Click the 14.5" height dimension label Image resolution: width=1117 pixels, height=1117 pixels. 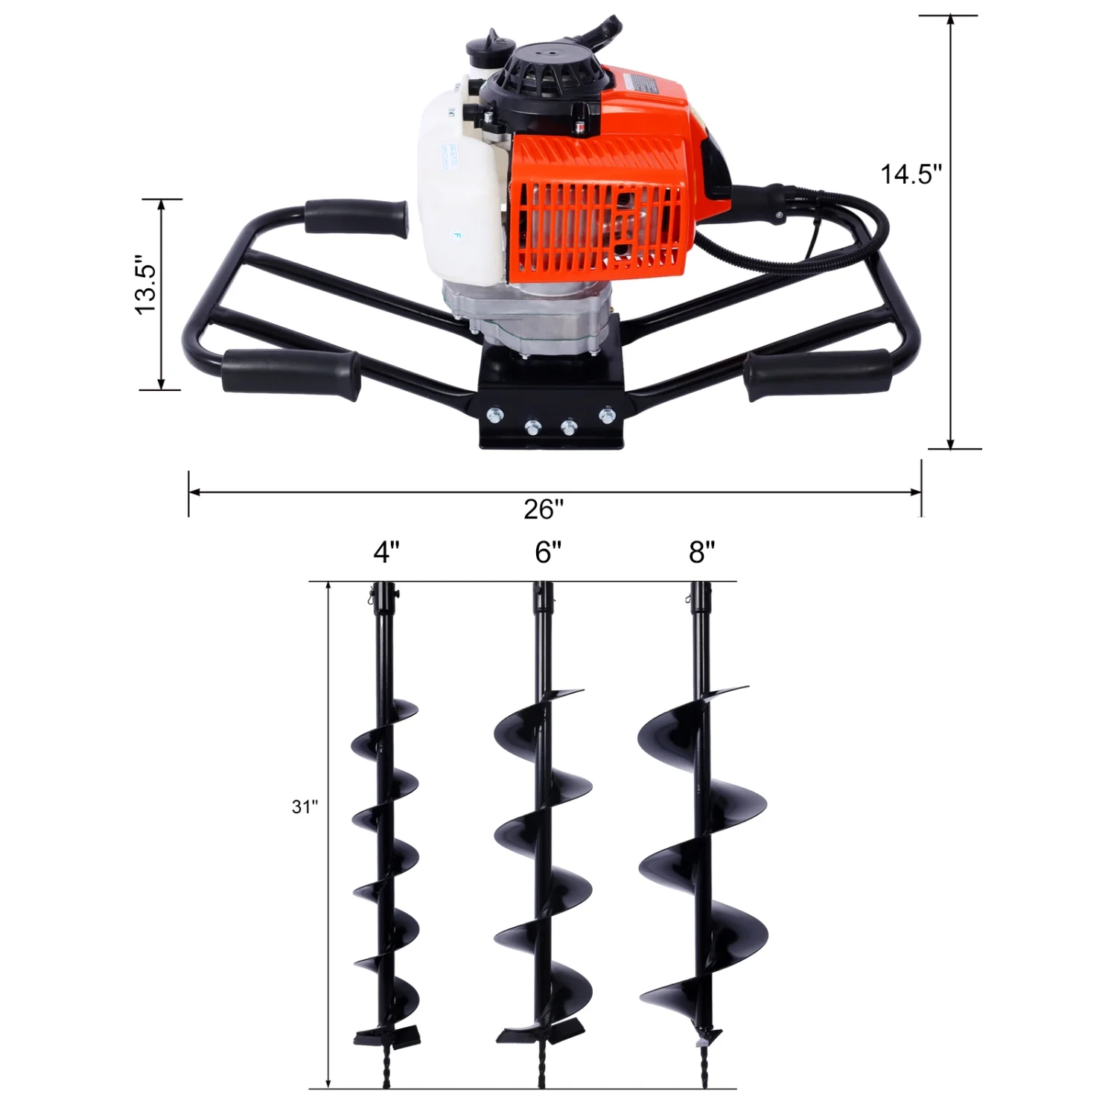click(x=911, y=175)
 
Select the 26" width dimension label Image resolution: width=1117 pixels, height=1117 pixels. click(x=543, y=509)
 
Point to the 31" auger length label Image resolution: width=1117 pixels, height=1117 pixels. click(x=305, y=807)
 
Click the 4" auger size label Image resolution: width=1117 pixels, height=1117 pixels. click(x=386, y=553)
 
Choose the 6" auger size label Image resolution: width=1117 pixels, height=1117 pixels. click(x=547, y=553)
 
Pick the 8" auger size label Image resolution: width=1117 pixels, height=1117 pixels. click(x=701, y=553)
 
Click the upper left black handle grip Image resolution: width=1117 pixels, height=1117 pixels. click(x=356, y=217)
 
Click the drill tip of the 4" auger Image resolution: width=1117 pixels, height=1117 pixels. click(x=385, y=1065)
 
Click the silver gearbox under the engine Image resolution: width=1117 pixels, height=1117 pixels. click(x=536, y=316)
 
